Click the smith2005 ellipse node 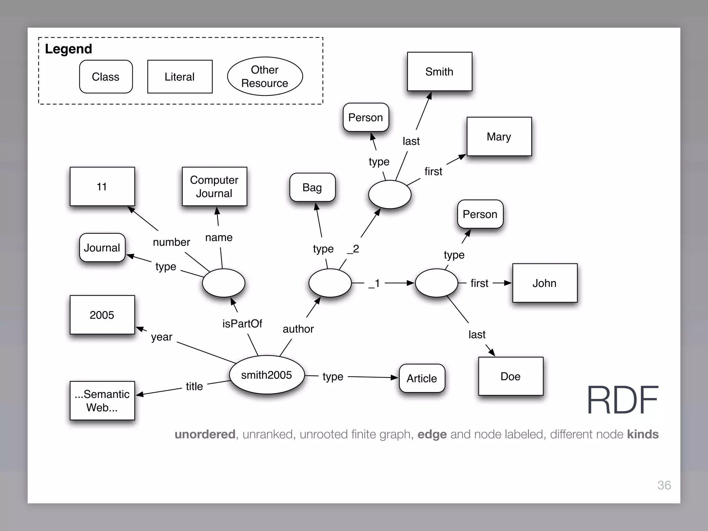tap(267, 375)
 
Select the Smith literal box tap(439, 72)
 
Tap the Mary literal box tap(499, 137)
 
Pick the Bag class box tap(312, 187)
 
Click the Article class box tap(422, 378)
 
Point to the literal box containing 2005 tap(102, 315)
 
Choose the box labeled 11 tap(102, 187)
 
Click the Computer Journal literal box tap(214, 187)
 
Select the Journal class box tap(102, 248)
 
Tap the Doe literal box tap(511, 376)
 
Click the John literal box tap(544, 283)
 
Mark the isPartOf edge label tap(242, 324)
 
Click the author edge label tap(298, 329)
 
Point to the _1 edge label tap(374, 283)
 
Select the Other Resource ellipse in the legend tap(265, 76)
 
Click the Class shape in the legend tap(106, 77)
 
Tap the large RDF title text tap(622, 400)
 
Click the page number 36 tap(664, 485)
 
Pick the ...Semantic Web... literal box tap(102, 401)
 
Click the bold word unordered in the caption tap(205, 434)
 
